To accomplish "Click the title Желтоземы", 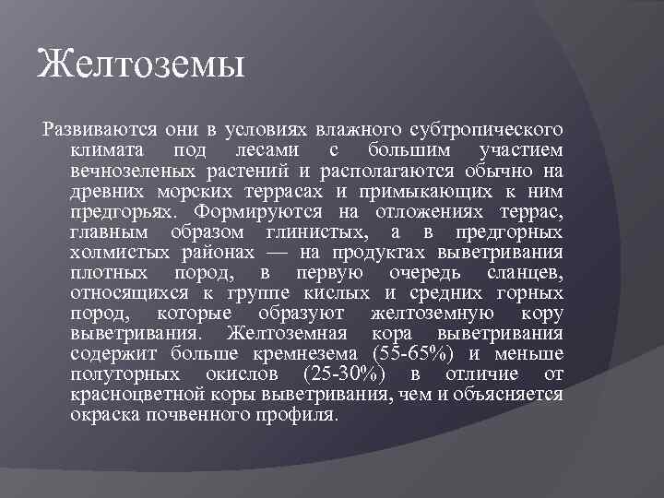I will [141, 66].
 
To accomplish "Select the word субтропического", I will [486, 127].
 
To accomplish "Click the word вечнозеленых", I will [129, 171].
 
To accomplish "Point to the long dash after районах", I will [314, 254].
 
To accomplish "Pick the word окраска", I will [102, 415].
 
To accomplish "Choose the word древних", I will [104, 192].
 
